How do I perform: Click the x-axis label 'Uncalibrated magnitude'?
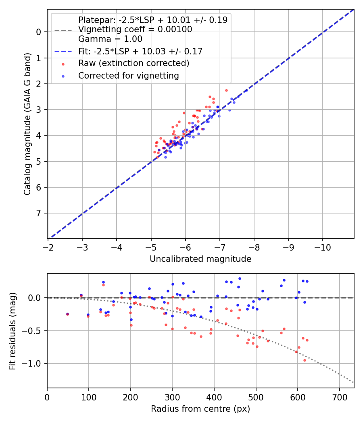point(200,259)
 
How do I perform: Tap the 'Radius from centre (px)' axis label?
point(200,409)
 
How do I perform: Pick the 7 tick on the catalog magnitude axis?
point(39,213)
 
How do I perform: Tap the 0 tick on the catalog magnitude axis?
point(39,32)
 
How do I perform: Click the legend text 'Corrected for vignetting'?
point(128,75)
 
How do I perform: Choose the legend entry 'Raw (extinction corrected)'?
point(134,63)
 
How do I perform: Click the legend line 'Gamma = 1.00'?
point(110,39)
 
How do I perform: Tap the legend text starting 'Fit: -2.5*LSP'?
point(140,51)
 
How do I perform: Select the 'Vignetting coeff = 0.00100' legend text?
point(135,29)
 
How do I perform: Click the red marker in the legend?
point(63,64)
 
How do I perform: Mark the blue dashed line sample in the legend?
point(63,52)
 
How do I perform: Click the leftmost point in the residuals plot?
point(67,314)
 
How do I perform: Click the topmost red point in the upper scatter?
point(226,91)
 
